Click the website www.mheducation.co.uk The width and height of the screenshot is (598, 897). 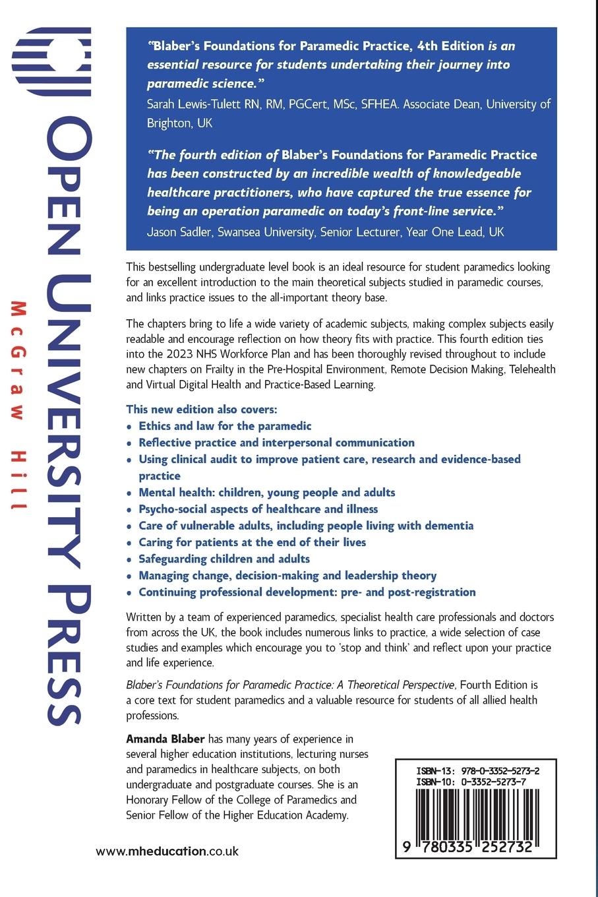click(167, 851)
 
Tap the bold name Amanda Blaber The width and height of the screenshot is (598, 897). click(165, 739)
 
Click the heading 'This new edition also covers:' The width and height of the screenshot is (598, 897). click(202, 410)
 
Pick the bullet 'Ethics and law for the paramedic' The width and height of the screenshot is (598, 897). click(225, 426)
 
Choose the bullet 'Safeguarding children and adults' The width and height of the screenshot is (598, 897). click(224, 559)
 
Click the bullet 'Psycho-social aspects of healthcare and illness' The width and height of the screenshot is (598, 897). click(258, 509)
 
